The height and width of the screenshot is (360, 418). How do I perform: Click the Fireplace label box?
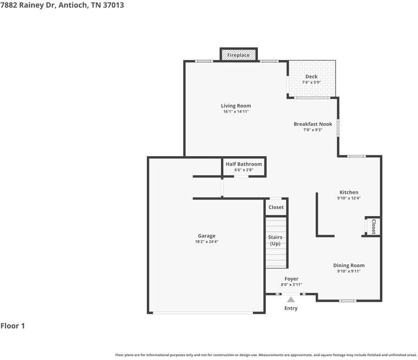pyautogui.click(x=238, y=55)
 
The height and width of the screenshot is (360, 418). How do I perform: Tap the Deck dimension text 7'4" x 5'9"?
pyautogui.click(x=311, y=82)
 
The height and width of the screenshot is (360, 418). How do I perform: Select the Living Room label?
pyautogui.click(x=236, y=106)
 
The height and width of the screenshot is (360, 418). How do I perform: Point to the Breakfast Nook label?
pyautogui.click(x=313, y=124)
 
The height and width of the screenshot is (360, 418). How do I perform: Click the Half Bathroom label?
pyautogui.click(x=244, y=164)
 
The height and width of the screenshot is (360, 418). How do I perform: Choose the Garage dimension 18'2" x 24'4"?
pyautogui.click(x=207, y=242)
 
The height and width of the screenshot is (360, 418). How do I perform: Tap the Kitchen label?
pyautogui.click(x=349, y=192)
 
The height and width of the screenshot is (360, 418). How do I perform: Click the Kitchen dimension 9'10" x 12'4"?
pyautogui.click(x=349, y=198)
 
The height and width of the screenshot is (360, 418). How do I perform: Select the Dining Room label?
pyautogui.click(x=349, y=265)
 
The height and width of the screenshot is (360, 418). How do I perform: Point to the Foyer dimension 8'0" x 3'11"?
pyautogui.click(x=291, y=285)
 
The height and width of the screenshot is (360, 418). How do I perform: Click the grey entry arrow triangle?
pyautogui.click(x=291, y=300)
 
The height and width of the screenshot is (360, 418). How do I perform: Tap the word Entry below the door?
pyautogui.click(x=291, y=308)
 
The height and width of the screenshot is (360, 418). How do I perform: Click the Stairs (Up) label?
pyautogui.click(x=275, y=240)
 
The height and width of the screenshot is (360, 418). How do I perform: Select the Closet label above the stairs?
pyautogui.click(x=276, y=207)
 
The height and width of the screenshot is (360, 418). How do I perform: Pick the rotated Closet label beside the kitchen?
pyautogui.click(x=373, y=227)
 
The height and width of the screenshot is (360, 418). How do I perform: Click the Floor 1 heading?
pyautogui.click(x=13, y=325)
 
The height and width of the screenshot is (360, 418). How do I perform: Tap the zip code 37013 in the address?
pyautogui.click(x=113, y=5)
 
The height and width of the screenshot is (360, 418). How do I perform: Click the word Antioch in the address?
pyautogui.click(x=73, y=5)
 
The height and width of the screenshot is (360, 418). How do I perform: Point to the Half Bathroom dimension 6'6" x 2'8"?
pyautogui.click(x=244, y=170)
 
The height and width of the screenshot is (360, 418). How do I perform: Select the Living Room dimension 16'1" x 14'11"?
pyautogui.click(x=236, y=112)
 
